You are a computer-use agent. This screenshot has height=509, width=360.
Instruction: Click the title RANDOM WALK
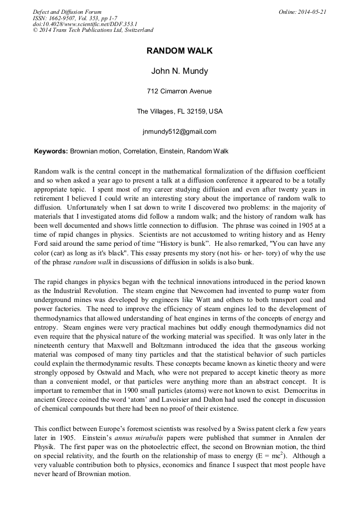179,51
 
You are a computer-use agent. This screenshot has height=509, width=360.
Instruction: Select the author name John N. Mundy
179,72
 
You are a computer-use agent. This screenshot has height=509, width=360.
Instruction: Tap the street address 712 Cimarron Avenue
179,91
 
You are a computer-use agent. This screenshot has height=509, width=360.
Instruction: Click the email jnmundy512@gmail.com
179,132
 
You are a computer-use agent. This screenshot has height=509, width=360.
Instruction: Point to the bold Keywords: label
51,151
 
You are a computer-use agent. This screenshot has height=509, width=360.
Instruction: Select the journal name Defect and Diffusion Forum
67,12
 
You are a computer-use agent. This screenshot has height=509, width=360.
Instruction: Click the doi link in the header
85,24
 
